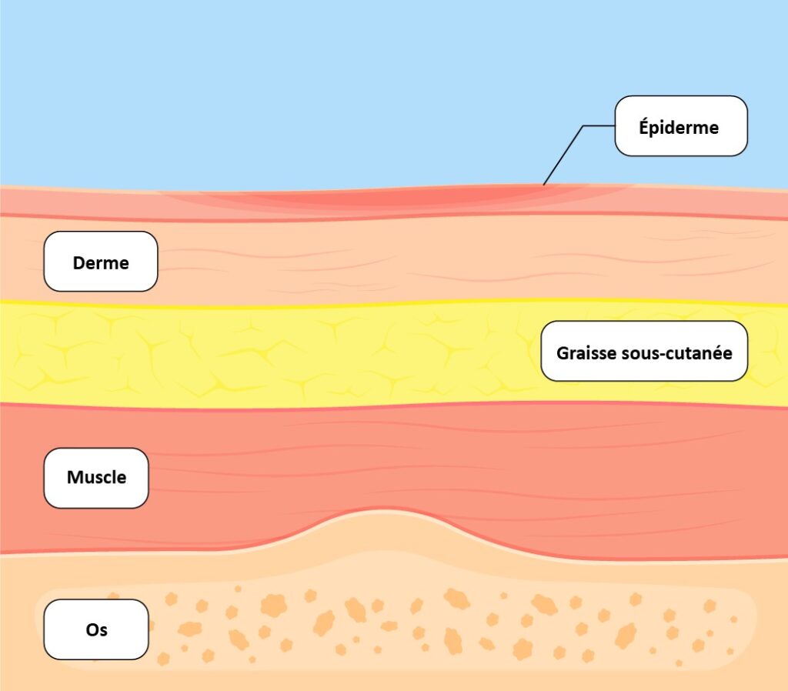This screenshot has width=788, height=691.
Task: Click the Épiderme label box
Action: (x=681, y=126)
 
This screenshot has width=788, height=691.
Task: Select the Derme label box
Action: (x=101, y=262)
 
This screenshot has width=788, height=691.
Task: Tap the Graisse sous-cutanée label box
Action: (x=644, y=352)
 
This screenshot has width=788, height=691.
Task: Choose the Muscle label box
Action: (x=96, y=478)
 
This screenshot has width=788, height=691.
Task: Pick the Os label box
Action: (x=96, y=630)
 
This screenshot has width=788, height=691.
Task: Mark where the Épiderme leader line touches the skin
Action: (x=543, y=185)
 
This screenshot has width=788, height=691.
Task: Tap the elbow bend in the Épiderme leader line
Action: (x=583, y=126)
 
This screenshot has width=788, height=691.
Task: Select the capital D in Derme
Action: (x=78, y=263)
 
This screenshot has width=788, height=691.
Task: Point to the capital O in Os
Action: (x=92, y=630)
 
